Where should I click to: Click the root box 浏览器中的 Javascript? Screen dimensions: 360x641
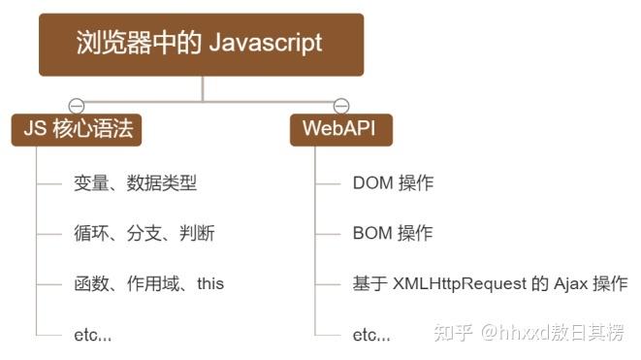point(201,45)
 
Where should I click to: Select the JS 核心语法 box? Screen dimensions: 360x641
point(77,129)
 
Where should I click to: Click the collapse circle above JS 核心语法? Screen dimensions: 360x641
point(77,106)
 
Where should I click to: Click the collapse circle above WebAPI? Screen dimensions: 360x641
point(340,106)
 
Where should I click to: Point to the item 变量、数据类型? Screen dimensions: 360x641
point(135,181)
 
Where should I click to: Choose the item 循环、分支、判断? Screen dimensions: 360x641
point(144,233)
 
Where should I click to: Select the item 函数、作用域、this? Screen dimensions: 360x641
point(148,284)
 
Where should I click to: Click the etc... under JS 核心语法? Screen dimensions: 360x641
point(92,336)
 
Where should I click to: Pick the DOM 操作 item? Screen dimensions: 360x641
point(393,181)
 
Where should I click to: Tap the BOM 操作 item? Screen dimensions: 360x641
point(393,233)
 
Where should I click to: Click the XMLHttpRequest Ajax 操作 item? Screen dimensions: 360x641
point(490,284)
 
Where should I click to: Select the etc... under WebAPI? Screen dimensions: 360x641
point(371,336)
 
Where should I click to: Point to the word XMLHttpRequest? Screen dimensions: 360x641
point(455,284)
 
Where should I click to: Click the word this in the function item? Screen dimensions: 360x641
point(210,284)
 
